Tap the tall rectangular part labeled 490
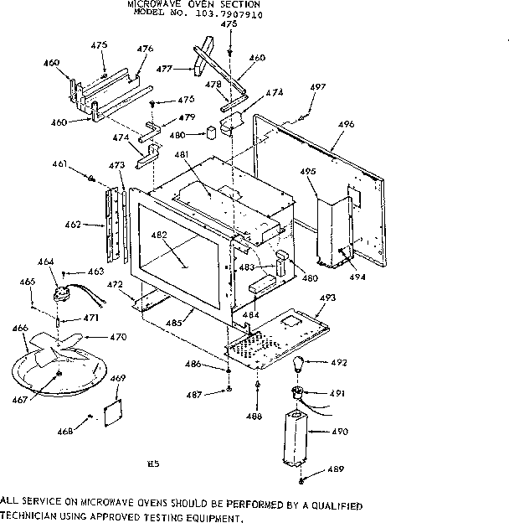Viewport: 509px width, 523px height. tap(295, 436)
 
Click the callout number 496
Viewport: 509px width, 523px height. tap(347, 124)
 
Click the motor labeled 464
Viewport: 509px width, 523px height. tap(61, 292)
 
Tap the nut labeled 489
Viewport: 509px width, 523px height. tap(301, 480)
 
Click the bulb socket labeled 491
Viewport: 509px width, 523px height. tap(296, 392)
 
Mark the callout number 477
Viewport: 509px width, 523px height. tap(164, 70)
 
